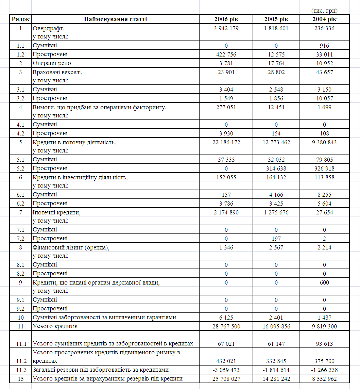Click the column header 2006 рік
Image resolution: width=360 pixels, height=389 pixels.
pos(226,19)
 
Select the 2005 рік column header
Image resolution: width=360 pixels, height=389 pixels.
pos(276,19)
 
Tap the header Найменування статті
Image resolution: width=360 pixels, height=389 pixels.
pos(115,19)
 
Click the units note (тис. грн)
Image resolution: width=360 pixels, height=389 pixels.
pos(324,11)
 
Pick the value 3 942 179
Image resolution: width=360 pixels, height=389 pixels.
pos(226,28)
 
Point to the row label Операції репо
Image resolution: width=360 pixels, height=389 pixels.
pos(52,63)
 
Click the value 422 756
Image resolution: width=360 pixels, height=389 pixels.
pos(226,54)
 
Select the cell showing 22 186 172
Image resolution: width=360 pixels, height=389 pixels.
pos(226,142)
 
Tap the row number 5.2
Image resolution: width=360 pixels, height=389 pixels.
pos(20,168)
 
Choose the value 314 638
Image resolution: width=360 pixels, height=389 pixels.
pos(276,168)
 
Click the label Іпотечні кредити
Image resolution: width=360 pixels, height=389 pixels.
pos(56,212)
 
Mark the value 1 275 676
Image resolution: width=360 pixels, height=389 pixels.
pos(276,212)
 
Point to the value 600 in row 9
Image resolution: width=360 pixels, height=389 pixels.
pos(324,282)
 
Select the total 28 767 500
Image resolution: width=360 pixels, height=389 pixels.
pos(226,326)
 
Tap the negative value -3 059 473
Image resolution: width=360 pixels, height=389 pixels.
pos(226,370)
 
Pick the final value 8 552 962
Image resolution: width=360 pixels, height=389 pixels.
pos(324,379)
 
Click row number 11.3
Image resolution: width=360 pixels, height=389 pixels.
pos(20,370)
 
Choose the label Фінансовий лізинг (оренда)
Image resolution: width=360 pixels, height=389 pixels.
pos(71,247)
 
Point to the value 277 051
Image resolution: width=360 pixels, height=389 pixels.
pos(226,107)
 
